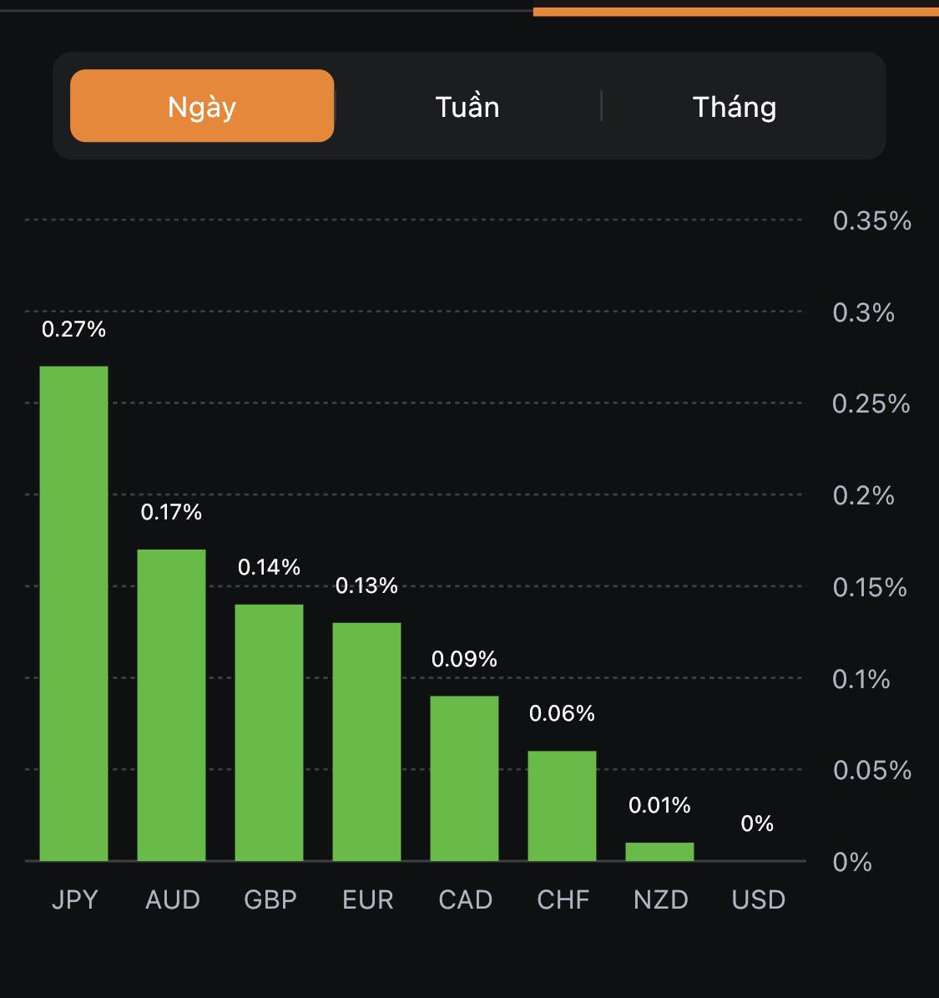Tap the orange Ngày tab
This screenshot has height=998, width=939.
202,106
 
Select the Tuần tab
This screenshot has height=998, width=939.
467,107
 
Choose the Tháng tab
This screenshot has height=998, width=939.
735,107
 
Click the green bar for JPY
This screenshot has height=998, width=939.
74,614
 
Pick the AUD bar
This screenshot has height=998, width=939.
171,705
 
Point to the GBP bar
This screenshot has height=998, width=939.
269,732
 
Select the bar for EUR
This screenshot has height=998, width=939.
366,742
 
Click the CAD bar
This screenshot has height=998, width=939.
464,778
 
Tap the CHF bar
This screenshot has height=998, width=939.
562,806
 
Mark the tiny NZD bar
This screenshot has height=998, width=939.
659,852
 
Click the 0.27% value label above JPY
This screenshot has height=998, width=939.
74,330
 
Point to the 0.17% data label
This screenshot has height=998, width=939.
171,512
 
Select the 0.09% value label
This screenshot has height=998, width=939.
464,659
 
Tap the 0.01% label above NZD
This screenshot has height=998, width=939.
659,805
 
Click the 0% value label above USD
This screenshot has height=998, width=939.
757,823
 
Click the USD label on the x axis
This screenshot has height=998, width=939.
759,899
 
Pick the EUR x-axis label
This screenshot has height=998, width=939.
367,899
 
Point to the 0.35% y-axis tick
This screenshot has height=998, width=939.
871,221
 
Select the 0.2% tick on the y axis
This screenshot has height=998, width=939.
863,496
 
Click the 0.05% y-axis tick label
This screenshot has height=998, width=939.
871,770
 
